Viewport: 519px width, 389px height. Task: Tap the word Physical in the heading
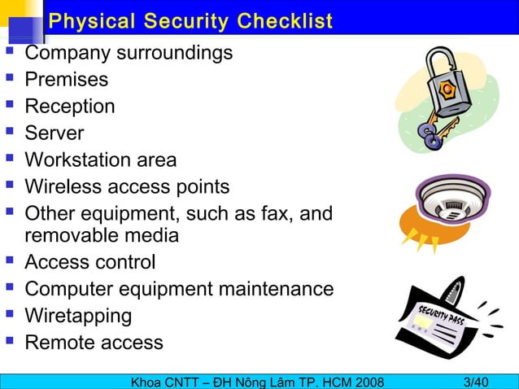tap(90, 21)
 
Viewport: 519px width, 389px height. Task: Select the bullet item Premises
tap(66, 80)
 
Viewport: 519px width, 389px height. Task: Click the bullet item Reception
tap(70, 107)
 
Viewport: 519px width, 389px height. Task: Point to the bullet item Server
tap(54, 133)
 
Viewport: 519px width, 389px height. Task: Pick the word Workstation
tap(79, 160)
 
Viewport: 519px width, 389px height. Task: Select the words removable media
tap(102, 235)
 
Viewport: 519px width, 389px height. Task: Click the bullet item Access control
tap(89, 262)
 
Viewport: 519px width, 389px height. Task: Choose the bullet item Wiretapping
tap(78, 315)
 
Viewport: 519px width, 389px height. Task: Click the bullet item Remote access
tap(94, 342)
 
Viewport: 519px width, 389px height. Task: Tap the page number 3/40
tap(475, 381)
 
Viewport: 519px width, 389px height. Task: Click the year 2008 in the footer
tap(362, 381)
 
